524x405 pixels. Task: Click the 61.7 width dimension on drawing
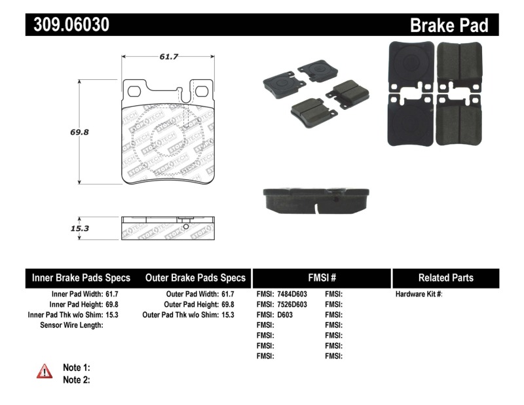[169, 57]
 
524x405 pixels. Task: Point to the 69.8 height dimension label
[79, 132]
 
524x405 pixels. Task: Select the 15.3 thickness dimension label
[79, 228]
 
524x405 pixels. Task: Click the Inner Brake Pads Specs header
[81, 277]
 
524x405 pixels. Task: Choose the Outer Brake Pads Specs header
[195, 277]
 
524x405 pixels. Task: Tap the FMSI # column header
[322, 277]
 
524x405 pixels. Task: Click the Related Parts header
[445, 277]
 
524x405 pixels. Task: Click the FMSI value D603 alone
[275, 315]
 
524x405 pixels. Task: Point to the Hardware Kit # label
[419, 294]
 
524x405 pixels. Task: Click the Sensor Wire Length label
[71, 325]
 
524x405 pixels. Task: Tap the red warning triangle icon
[44, 372]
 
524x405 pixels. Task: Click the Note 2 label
[76, 379]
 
